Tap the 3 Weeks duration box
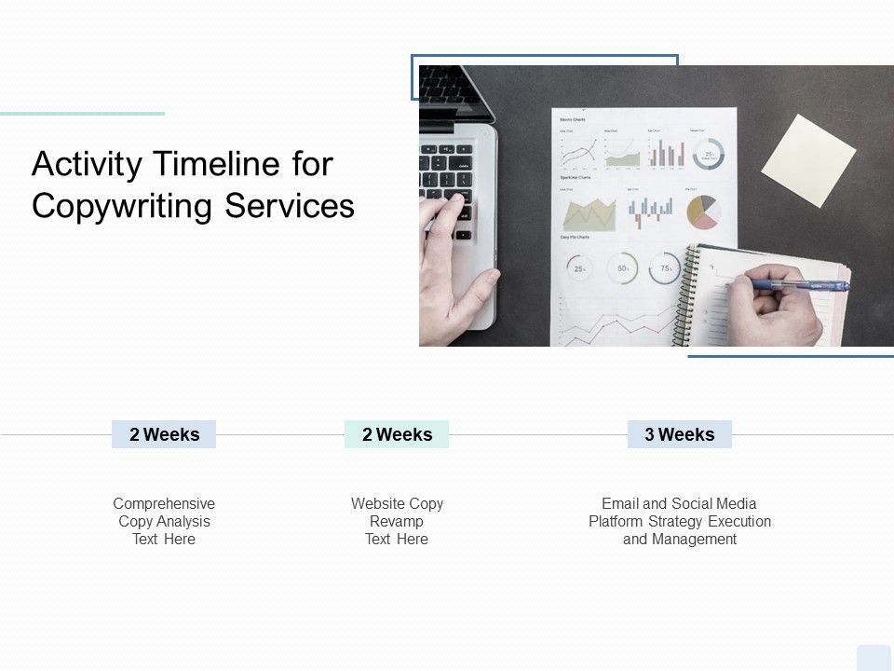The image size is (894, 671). [x=680, y=434]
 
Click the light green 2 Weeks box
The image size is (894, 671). [x=397, y=434]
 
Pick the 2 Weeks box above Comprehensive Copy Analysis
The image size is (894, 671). [x=164, y=434]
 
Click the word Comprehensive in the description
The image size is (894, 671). [x=164, y=503]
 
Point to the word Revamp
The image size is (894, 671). [x=397, y=521]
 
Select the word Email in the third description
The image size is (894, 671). [x=620, y=503]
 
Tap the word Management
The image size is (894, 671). [x=694, y=539]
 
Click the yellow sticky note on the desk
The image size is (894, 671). [x=808, y=161]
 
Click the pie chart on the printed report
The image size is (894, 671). [x=703, y=212]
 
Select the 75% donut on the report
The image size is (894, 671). [x=665, y=268]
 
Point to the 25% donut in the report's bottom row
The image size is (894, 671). [x=579, y=268]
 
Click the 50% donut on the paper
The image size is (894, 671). [x=622, y=268]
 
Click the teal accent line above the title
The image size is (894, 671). [x=82, y=114]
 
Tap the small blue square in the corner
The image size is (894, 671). [x=874, y=657]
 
